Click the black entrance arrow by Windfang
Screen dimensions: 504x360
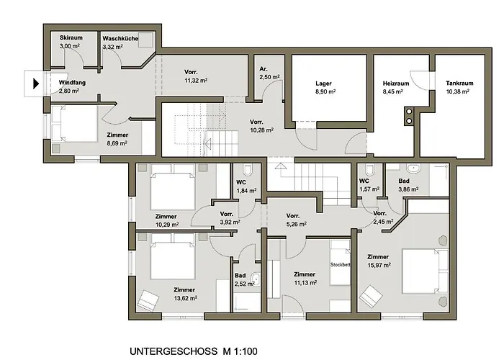click(36, 84)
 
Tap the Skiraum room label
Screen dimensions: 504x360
click(71, 37)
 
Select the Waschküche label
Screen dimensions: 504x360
click(120, 38)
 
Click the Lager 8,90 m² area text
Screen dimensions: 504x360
click(325, 91)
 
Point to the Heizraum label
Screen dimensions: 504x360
click(396, 84)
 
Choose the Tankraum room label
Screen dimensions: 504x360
click(459, 84)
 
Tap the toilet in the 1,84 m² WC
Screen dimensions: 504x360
click(248, 169)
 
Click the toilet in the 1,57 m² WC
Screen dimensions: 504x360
click(369, 169)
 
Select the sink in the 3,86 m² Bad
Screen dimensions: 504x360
click(413, 168)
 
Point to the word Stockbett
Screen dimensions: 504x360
click(340, 265)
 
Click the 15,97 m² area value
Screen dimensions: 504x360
click(379, 265)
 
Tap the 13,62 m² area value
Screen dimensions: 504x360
click(186, 298)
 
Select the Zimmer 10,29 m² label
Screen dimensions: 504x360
click(166, 220)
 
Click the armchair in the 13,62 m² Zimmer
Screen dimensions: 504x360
click(148, 300)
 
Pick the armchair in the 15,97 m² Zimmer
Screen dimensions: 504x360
click(370, 294)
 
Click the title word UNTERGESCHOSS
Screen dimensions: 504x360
click(174, 351)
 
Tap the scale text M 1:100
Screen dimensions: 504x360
click(240, 351)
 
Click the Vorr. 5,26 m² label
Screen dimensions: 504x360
click(296, 220)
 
